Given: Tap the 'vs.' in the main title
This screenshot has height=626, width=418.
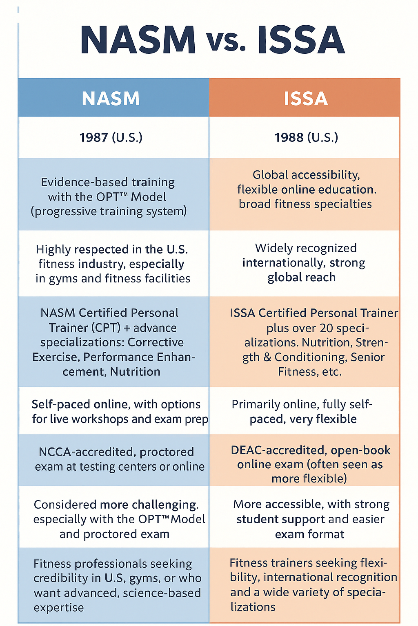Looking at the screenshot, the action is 227,42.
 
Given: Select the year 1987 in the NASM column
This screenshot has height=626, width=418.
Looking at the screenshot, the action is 93,137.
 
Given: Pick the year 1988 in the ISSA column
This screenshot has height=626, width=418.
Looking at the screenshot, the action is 289,137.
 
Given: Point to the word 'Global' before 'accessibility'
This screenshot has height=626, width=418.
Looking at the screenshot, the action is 270,175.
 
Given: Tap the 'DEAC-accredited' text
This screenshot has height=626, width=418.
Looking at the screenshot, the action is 278,450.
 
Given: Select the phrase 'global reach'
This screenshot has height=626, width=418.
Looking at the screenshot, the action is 302,278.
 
